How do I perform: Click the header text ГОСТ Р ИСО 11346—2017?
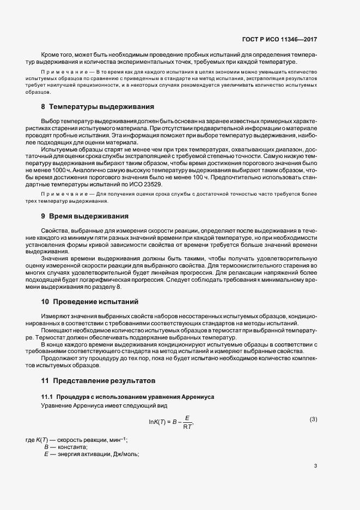tap(279, 40)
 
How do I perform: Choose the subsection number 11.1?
tap(47, 397)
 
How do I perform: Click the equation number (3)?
tap(313, 419)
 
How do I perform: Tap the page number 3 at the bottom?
tap(316, 466)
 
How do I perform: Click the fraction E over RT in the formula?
tap(187, 422)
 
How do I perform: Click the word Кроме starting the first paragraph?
tap(51, 55)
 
